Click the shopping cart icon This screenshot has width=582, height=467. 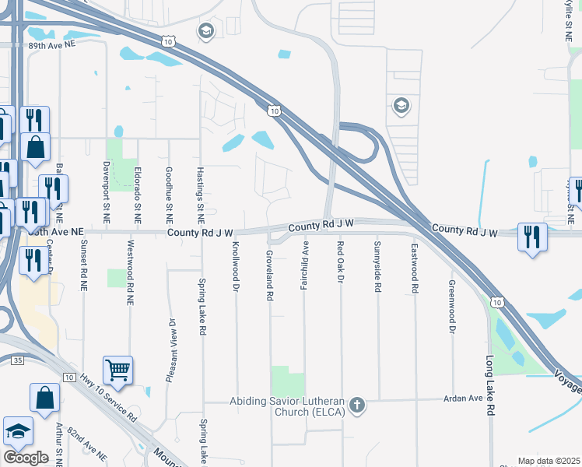click(x=117, y=370)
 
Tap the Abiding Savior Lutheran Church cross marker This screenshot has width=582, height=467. click(x=357, y=404)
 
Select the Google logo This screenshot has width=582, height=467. click(x=26, y=458)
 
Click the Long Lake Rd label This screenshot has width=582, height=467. click(x=490, y=387)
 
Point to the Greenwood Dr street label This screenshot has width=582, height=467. click(x=451, y=307)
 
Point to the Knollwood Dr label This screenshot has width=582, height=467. click(x=235, y=266)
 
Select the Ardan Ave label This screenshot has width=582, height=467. click(x=465, y=399)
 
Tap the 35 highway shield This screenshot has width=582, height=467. click(x=18, y=360)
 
